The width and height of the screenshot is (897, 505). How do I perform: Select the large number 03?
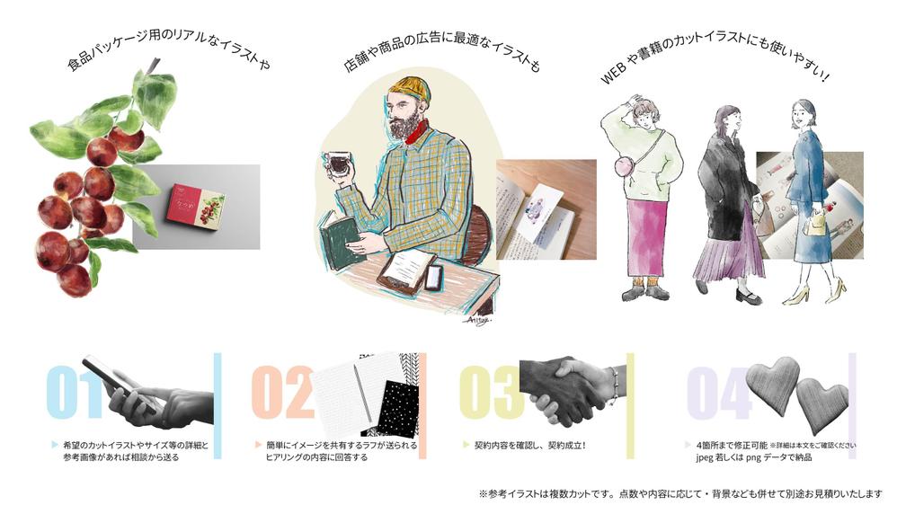point(491,393)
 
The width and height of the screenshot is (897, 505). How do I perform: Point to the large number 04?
point(719,393)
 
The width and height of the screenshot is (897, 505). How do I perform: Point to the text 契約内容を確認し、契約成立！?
point(530,445)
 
